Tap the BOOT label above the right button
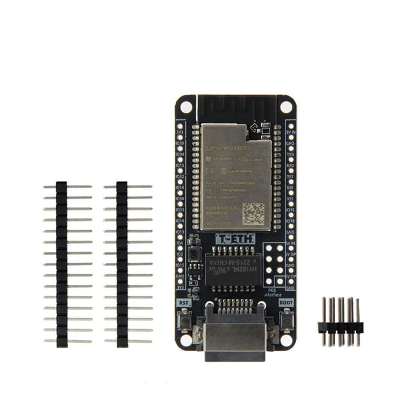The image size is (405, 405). point(286,302)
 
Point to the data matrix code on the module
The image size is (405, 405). point(253,214)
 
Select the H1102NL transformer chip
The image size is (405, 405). point(232,270)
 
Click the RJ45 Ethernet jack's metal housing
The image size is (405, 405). point(235,339)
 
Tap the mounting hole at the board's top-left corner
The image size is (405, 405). point(186,107)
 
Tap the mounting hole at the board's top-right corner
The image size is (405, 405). point(286,107)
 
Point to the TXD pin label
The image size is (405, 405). point(290,154)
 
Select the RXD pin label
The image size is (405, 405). point(290,165)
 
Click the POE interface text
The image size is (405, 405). point(273,293)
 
